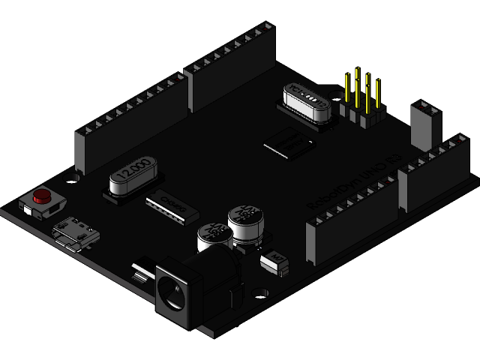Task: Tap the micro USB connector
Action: pos(75,231)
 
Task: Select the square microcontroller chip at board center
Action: pos(286,142)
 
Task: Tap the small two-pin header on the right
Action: pos(424,124)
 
